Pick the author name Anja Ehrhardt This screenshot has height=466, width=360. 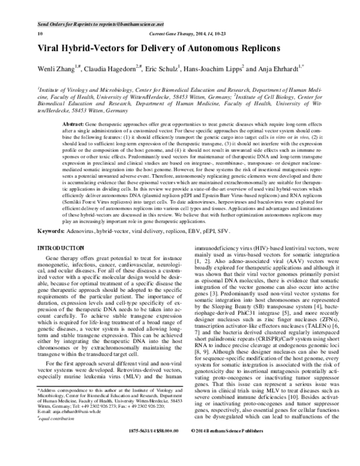(x=298, y=68)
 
